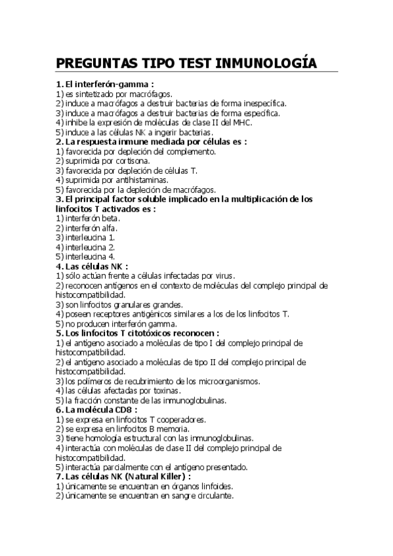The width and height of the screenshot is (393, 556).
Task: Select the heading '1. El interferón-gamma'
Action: (x=105, y=84)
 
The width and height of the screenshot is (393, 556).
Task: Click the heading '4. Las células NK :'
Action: (x=92, y=266)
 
